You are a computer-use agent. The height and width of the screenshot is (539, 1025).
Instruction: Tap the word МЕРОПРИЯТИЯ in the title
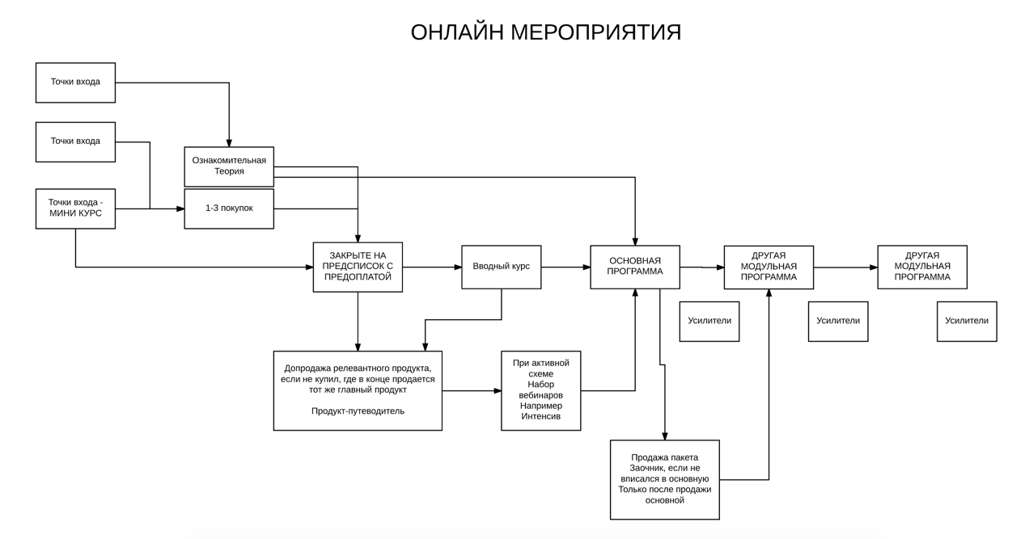click(596, 32)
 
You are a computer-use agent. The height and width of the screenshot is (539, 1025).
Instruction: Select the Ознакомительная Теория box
click(229, 166)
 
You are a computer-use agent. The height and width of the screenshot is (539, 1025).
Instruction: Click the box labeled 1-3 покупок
click(229, 208)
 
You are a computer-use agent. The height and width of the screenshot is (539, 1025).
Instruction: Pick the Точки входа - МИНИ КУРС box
click(75, 208)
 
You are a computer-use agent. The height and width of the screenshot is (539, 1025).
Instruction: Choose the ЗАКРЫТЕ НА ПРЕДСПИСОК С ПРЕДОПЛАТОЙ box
click(358, 267)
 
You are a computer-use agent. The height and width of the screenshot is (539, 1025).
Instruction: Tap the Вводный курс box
click(501, 267)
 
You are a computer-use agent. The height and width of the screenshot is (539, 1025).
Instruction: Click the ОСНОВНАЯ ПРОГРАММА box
click(635, 267)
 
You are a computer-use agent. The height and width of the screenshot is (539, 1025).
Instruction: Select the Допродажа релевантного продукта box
click(358, 390)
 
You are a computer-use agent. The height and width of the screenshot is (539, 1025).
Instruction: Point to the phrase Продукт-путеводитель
click(358, 411)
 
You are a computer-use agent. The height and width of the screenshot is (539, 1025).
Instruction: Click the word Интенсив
click(541, 416)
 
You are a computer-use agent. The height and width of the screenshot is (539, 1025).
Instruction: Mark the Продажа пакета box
click(664, 479)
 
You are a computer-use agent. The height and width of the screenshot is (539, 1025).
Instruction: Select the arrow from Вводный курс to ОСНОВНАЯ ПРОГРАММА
click(565, 267)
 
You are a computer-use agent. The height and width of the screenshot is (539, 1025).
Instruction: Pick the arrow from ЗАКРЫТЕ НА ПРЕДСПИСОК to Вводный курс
click(432, 267)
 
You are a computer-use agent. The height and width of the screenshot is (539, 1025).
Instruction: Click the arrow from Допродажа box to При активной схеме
click(472, 390)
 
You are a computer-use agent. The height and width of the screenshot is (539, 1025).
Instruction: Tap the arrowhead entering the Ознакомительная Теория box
click(229, 143)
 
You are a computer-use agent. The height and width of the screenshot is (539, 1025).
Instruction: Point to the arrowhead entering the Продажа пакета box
click(664, 436)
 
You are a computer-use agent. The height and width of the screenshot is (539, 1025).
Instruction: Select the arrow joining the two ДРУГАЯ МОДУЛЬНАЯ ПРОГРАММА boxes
click(845, 267)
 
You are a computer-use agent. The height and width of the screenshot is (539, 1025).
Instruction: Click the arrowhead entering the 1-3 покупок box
click(180, 208)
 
